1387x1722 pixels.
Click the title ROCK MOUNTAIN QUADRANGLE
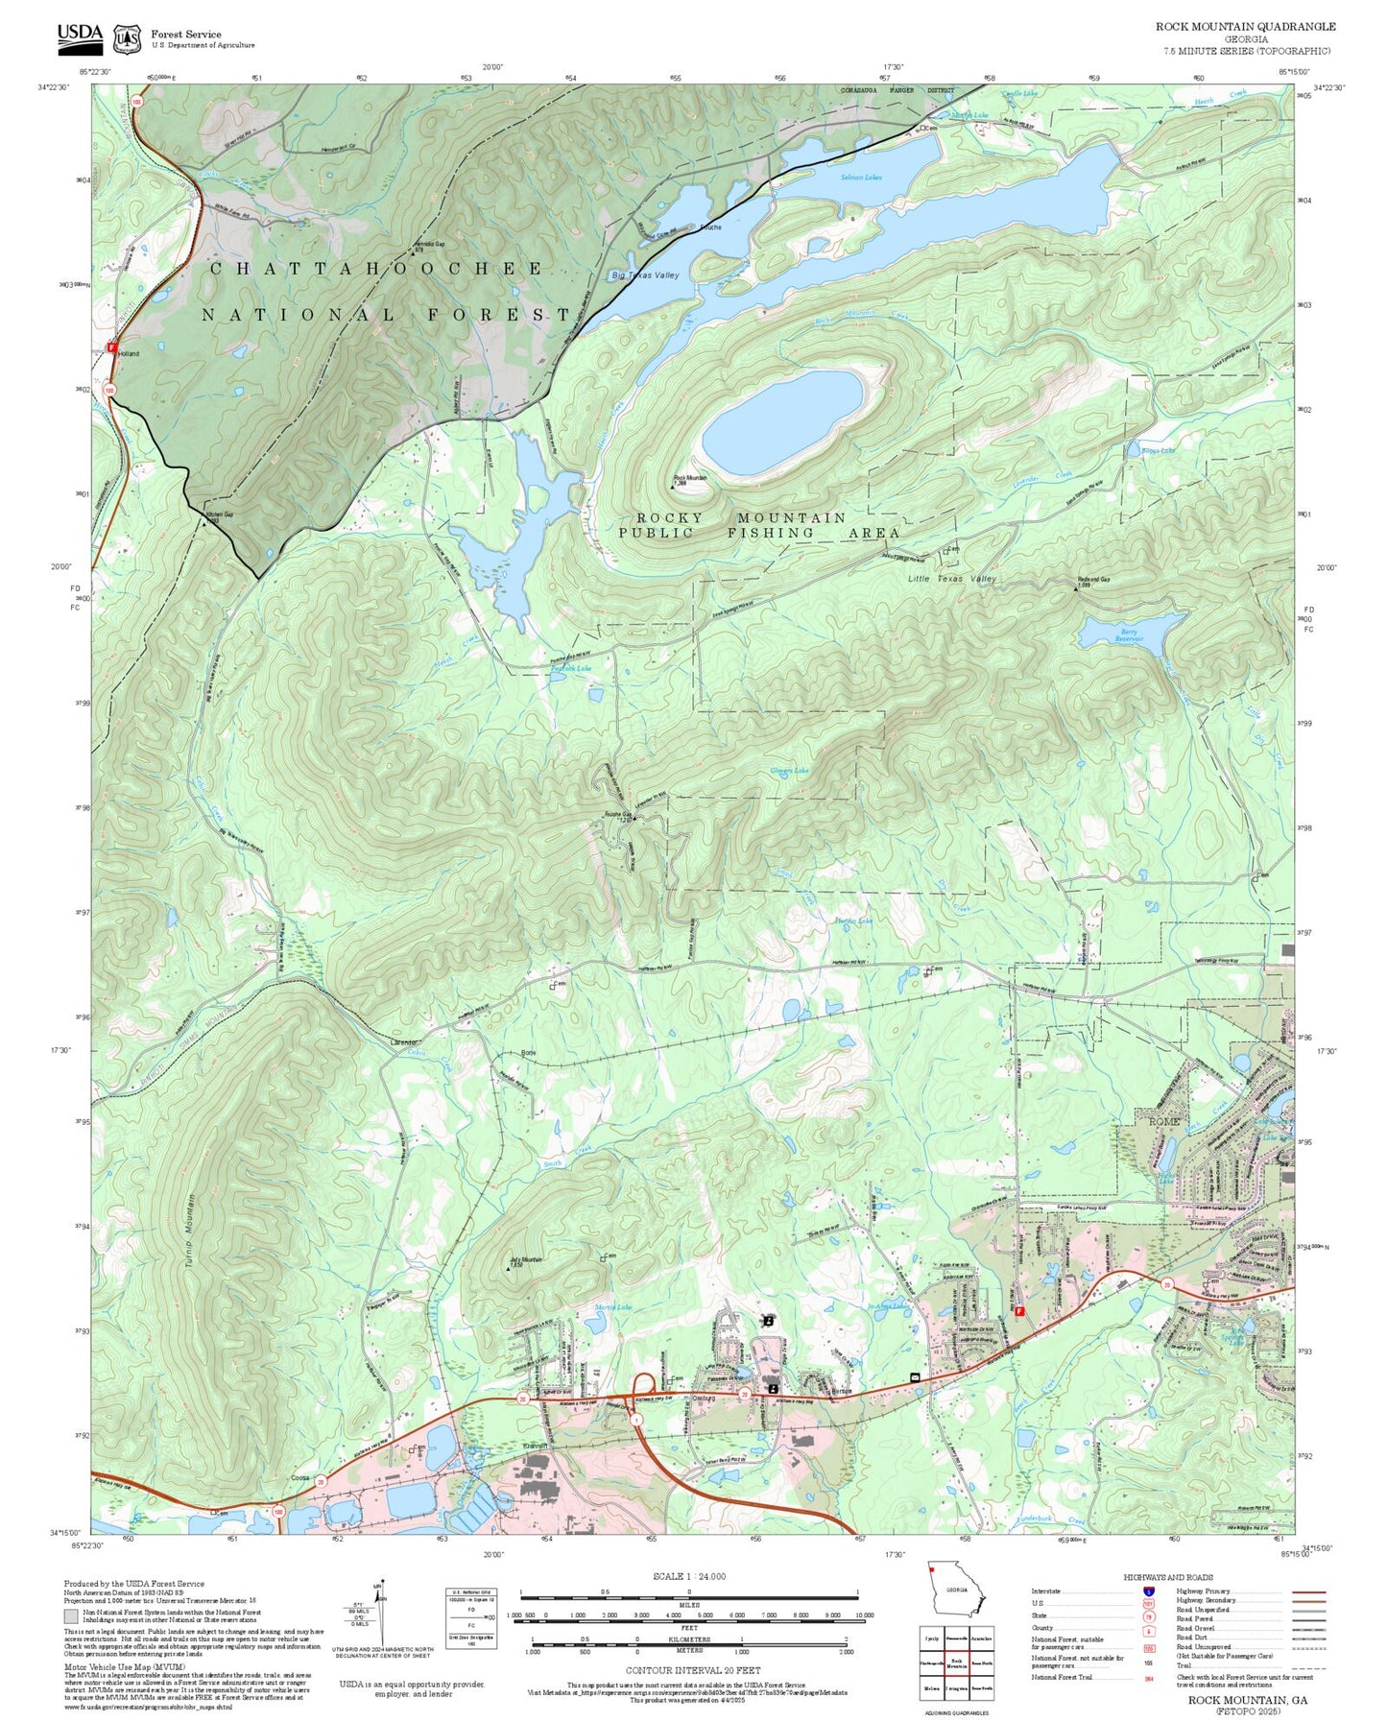pos(1244,27)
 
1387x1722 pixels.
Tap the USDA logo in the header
pos(80,36)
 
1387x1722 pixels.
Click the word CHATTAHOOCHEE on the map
pos(376,269)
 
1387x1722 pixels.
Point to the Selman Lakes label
pos(861,178)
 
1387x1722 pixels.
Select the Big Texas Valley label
pos(645,275)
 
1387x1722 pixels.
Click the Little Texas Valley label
pos(952,579)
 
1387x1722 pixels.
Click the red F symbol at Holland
pos(112,347)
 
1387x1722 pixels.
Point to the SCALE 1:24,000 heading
pos(688,1577)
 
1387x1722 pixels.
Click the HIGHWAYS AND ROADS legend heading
pos(1167,1577)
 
